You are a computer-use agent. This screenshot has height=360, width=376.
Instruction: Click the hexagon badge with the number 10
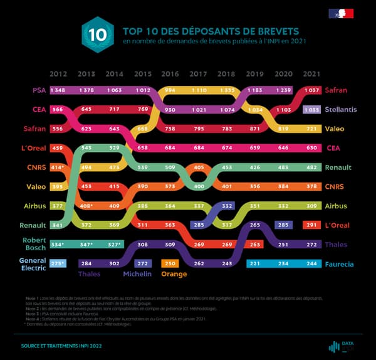pyautogui.click(x=98, y=35)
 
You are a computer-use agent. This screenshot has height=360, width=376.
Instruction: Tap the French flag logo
pyautogui.click(x=341, y=13)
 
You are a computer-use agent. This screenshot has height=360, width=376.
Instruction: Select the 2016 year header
pyautogui.click(x=170, y=73)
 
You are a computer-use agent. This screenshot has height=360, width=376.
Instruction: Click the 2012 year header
pyautogui.click(x=59, y=73)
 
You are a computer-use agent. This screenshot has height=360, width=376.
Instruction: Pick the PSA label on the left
pyautogui.click(x=38, y=90)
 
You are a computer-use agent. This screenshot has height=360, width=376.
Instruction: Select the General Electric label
pyautogui.click(x=32, y=265)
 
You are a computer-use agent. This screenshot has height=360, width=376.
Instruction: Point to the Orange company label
pyautogui.click(x=174, y=274)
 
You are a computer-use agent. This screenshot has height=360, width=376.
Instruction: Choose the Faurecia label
pyautogui.click(x=340, y=265)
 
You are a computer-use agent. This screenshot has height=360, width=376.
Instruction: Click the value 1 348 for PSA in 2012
pyautogui.click(x=59, y=90)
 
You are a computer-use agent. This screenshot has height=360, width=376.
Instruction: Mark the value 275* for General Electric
pyautogui.click(x=59, y=264)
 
